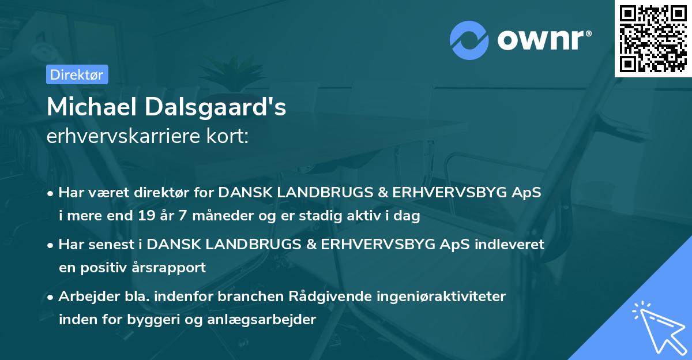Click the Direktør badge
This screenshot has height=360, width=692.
tap(77, 74)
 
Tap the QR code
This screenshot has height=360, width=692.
tap(653, 38)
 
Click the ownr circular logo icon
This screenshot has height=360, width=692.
tap(469, 40)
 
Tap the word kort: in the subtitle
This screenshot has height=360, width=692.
tap(229, 137)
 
